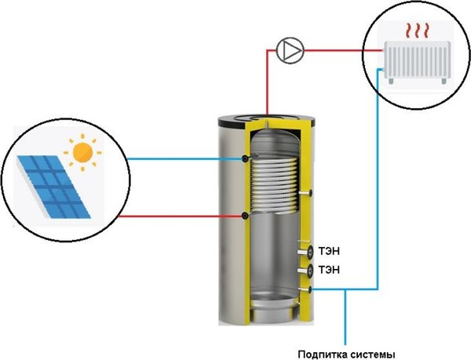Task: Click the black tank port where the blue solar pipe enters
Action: pyautogui.click(x=246, y=158)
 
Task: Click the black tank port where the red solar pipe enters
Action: pyautogui.click(x=246, y=214)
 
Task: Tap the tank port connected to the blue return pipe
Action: pyautogui.click(x=311, y=290)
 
